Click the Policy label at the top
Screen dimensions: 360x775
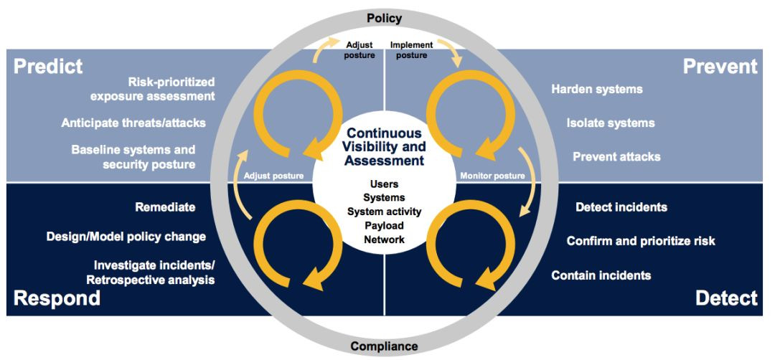385,18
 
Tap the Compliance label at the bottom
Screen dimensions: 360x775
384,346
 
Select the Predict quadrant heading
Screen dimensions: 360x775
48,67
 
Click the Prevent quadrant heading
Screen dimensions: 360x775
720,67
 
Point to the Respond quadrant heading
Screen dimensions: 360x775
57,298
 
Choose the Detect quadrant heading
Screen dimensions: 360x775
726,298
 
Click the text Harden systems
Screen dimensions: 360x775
596,90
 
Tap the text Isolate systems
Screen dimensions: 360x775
610,123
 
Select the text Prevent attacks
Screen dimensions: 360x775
616,156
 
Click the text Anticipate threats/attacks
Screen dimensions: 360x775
133,123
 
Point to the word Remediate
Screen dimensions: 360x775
165,207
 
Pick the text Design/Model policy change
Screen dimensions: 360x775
126,236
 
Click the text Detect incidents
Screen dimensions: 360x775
621,207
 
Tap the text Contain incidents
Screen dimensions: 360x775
601,275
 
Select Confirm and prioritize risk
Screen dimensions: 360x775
641,241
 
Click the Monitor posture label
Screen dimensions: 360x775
492,176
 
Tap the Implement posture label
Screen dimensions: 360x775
411,50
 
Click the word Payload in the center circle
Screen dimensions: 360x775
385,226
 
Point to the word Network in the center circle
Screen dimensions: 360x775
385,240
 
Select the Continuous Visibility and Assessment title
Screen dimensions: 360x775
385,146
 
